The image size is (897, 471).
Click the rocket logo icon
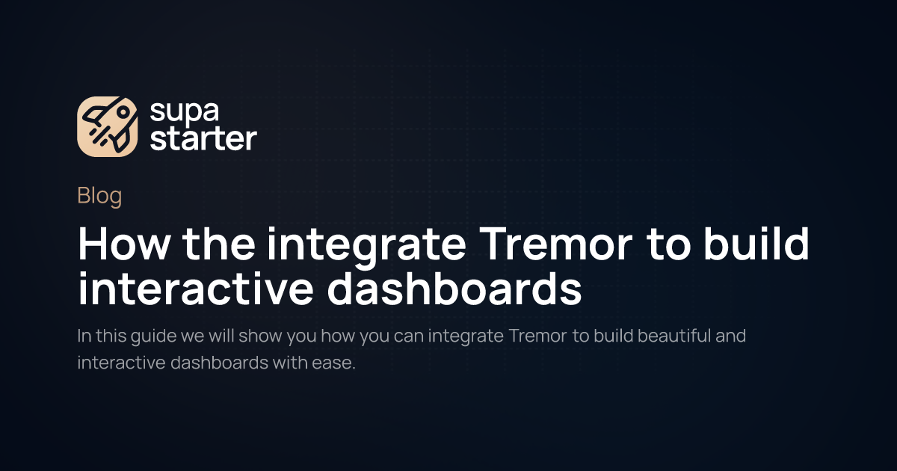coord(108,127)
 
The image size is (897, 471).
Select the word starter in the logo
coord(203,139)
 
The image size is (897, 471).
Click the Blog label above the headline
coord(99,197)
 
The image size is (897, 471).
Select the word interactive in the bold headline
coord(197,290)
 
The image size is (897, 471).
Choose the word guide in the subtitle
coord(152,336)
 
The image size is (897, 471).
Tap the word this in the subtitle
coord(109,336)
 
